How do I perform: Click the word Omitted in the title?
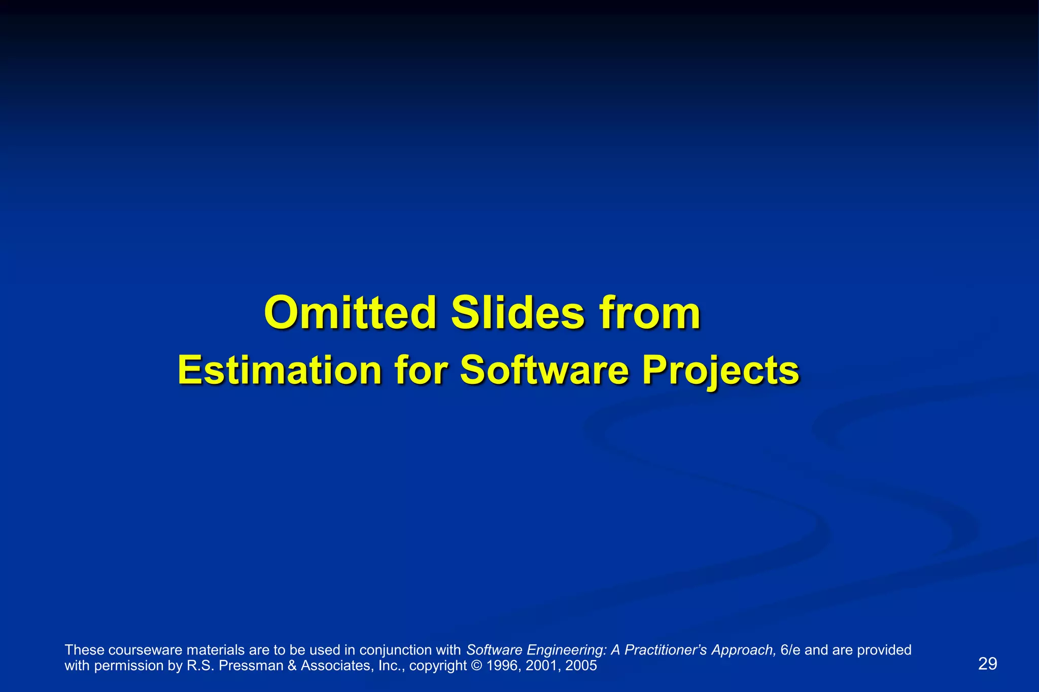coord(350,313)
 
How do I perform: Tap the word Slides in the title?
coord(518,313)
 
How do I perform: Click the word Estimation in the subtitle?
coord(280,371)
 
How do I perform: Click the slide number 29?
coord(987,664)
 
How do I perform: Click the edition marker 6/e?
coord(790,650)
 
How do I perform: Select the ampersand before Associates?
coord(292,666)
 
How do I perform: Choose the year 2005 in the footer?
coord(581,666)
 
